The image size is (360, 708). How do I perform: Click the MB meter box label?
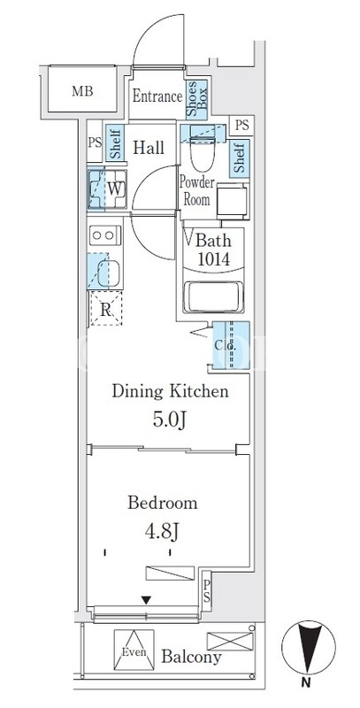[x=82, y=91]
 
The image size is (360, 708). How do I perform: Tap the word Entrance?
[x=157, y=96]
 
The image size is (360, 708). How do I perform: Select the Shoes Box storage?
[x=196, y=100]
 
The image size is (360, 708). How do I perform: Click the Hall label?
[x=149, y=148]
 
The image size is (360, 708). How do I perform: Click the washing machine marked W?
[x=107, y=189]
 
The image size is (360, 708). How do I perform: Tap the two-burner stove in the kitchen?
[x=105, y=235]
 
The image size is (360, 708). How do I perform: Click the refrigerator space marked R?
[x=106, y=309]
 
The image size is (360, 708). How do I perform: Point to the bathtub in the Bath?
[x=213, y=296]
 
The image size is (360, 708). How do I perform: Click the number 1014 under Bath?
[x=213, y=259]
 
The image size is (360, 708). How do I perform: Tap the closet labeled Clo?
[x=231, y=345]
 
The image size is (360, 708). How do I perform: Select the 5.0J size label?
[x=170, y=419]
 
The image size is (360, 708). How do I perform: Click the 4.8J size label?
[x=163, y=531]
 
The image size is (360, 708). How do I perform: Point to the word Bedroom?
[x=163, y=503]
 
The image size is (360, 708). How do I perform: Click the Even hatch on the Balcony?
[x=134, y=650]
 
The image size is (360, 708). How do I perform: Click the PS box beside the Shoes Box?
[x=241, y=125]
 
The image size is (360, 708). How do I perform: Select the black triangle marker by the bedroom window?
[x=146, y=600]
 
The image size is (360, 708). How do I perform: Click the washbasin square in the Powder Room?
[x=233, y=201]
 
